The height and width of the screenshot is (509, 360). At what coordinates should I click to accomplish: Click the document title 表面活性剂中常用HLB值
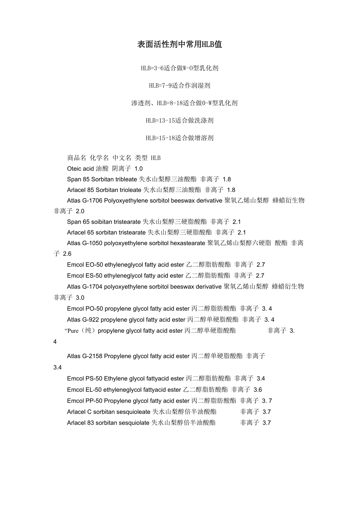[x=180, y=45]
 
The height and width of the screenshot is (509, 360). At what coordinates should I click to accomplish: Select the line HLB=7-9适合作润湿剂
[x=180, y=85]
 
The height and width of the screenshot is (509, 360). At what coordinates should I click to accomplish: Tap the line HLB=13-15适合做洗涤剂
[x=180, y=120]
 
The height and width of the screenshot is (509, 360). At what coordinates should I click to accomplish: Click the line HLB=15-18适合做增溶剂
[x=180, y=138]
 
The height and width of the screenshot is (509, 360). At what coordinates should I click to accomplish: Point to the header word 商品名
[x=77, y=158]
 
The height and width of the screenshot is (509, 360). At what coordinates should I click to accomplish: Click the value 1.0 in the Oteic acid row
[x=139, y=169]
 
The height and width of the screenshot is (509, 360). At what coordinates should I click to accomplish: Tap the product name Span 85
[x=78, y=179]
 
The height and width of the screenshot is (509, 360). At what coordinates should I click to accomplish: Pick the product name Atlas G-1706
[x=85, y=201]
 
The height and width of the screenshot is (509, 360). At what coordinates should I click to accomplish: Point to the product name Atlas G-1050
[x=85, y=243]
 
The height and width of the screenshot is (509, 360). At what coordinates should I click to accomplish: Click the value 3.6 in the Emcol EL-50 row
[x=258, y=390]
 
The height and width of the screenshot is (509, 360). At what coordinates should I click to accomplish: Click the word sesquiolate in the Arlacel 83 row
[x=131, y=423]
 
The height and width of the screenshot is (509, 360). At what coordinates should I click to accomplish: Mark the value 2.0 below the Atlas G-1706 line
[x=80, y=211]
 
